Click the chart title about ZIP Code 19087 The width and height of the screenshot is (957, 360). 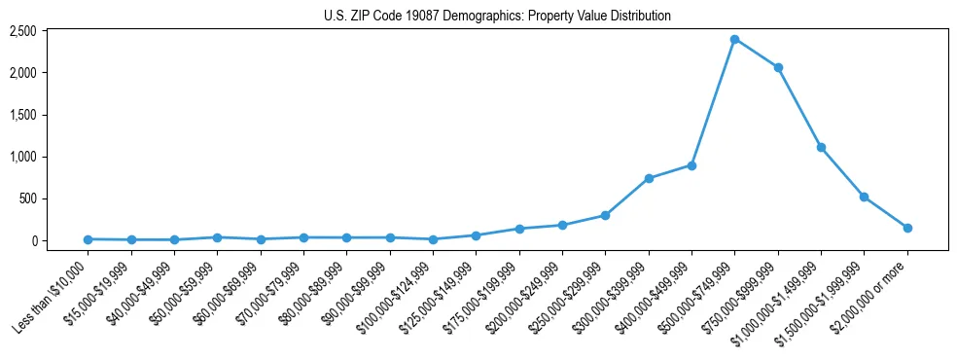click(497, 17)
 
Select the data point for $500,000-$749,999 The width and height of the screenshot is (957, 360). click(734, 39)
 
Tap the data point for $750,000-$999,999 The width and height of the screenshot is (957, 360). click(778, 67)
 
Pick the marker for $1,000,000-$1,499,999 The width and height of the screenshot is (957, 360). click(821, 147)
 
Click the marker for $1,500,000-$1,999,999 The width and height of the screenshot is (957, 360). click(864, 197)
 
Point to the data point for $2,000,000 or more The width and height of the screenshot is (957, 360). click(907, 228)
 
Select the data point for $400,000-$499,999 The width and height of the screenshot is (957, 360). click(691, 165)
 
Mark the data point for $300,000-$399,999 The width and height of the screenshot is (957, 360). click(649, 178)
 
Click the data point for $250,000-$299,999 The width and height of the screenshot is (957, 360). click(605, 215)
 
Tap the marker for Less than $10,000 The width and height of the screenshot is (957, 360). click(88, 239)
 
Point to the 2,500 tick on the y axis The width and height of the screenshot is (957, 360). click(22, 31)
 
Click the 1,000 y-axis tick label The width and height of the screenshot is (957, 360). click(22, 157)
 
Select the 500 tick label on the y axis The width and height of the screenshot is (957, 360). click(27, 198)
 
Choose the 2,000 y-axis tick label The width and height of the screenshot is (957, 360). click(22, 73)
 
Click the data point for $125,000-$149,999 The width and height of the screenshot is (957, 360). click(476, 235)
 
